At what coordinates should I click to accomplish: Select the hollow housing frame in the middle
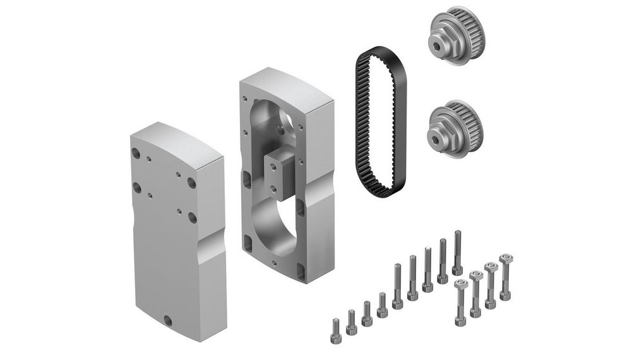click(287, 177)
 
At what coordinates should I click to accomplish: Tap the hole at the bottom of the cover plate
click(167, 319)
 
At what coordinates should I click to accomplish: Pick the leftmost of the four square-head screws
click(460, 303)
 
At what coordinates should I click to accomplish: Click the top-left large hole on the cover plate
click(136, 153)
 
